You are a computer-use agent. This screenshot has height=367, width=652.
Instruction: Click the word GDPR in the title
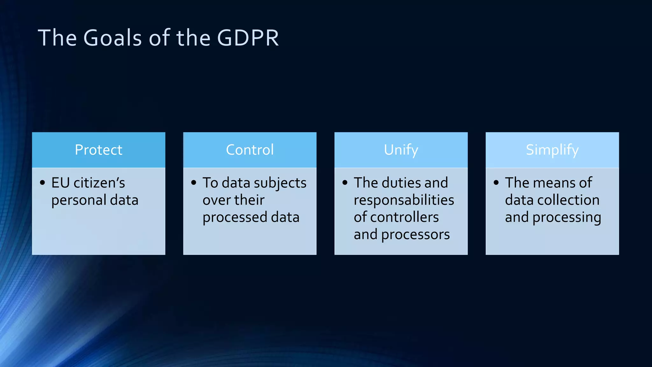[248, 38]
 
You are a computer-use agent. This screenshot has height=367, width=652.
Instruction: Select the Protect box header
[98, 150]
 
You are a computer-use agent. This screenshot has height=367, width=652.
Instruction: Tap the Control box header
[250, 150]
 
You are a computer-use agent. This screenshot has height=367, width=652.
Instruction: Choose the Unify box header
[401, 150]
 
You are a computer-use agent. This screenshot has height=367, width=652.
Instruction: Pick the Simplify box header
[552, 150]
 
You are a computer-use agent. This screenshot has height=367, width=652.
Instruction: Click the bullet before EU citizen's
[43, 183]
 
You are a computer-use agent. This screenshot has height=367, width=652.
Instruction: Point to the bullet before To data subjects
[194, 183]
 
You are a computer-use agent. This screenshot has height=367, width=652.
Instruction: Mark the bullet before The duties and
[345, 183]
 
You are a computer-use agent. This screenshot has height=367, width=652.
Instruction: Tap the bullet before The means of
[496, 183]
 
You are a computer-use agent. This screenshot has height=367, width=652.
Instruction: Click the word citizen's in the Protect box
[99, 183]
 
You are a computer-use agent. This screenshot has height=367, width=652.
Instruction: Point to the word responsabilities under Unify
[404, 200]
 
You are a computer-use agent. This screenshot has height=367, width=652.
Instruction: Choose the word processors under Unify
[415, 235]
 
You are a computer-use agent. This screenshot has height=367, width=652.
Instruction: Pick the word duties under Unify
[401, 183]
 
